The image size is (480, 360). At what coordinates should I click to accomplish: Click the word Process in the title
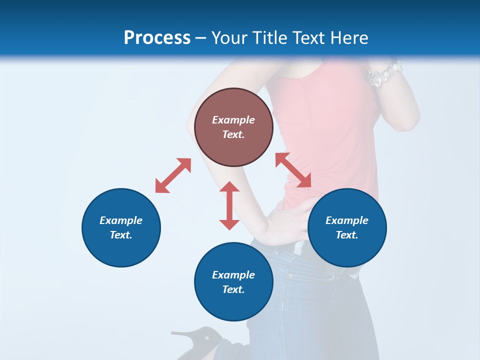tap(157, 38)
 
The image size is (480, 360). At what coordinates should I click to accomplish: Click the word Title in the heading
tap(270, 38)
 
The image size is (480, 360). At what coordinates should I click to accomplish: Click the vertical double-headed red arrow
tap(229, 205)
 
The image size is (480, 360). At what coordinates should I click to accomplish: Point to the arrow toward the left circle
tap(173, 175)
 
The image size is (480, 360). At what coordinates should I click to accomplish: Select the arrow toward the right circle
tap(293, 170)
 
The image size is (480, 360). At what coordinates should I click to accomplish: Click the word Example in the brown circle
tap(233, 120)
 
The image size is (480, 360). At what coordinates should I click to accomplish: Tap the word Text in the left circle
tap(121, 235)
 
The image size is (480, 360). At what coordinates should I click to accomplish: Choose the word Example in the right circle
tap(347, 220)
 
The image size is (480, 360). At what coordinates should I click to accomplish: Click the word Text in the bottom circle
tap(233, 289)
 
